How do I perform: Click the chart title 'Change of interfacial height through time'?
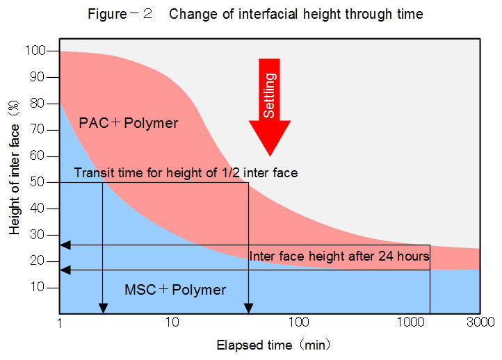point(295,14)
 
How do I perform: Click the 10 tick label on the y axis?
point(38,287)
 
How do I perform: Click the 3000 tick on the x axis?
point(480,322)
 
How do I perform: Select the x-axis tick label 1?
point(60,322)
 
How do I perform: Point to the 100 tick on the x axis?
point(298,322)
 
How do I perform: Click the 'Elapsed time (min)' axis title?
point(273,344)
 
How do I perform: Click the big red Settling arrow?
point(270,104)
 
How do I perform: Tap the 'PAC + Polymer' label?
point(129,124)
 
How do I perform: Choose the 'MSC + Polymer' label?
point(175,290)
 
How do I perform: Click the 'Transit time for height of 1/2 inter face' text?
point(186,172)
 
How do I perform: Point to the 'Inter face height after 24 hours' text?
point(339,256)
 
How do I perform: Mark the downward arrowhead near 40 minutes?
point(248,308)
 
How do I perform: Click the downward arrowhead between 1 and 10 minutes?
point(103,308)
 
